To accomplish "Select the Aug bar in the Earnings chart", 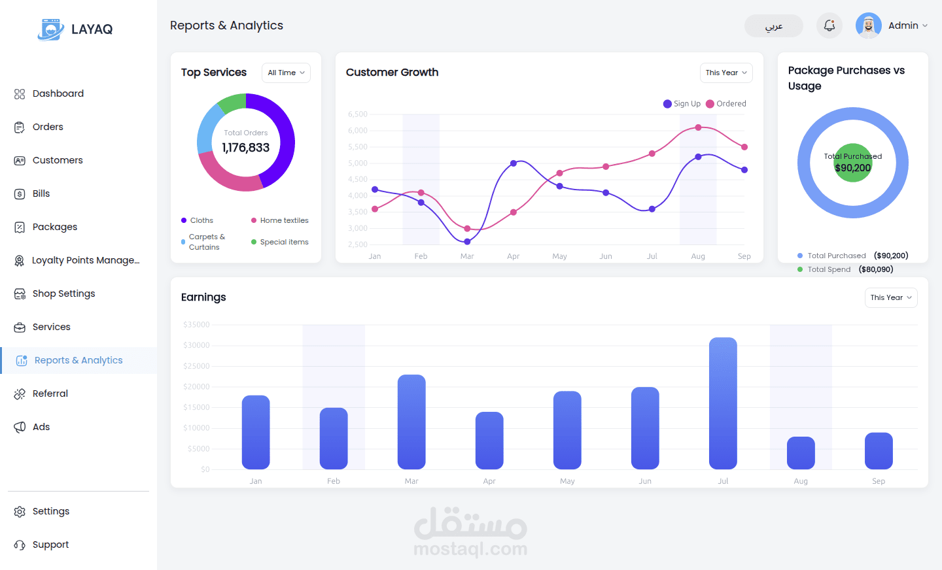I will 801,452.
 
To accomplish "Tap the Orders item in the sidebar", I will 48,127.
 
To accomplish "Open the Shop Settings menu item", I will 63,293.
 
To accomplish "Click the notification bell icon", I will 829,25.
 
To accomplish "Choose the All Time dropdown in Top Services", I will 286,73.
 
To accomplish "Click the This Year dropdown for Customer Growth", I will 726,73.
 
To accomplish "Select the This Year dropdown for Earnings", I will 891,297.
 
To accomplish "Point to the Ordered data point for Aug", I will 698,127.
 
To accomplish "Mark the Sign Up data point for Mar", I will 467,242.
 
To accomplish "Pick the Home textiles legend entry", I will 283,220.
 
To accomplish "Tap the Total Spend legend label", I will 829,269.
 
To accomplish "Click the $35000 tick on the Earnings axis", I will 196,325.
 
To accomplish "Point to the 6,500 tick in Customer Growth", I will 358,114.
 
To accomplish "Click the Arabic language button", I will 774,26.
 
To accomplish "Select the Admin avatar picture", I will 868,25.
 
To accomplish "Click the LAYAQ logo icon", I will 50,29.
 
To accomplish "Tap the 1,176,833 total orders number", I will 246,148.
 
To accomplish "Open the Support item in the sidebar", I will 50,545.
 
